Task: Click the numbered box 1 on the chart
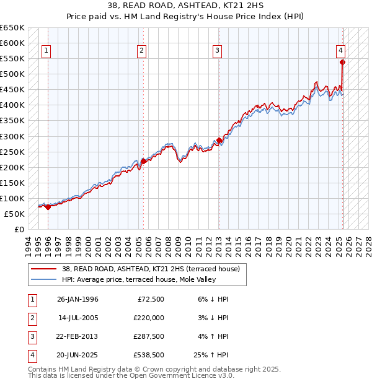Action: (46, 51)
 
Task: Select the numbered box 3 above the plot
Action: (218, 51)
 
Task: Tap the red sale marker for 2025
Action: (342, 62)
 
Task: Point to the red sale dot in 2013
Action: (219, 140)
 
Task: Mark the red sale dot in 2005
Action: (143, 161)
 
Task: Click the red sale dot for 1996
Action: (48, 207)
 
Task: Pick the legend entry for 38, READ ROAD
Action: (154, 269)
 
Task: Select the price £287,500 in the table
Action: (148, 336)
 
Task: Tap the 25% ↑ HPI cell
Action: (211, 356)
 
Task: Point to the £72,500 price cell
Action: (151, 299)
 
